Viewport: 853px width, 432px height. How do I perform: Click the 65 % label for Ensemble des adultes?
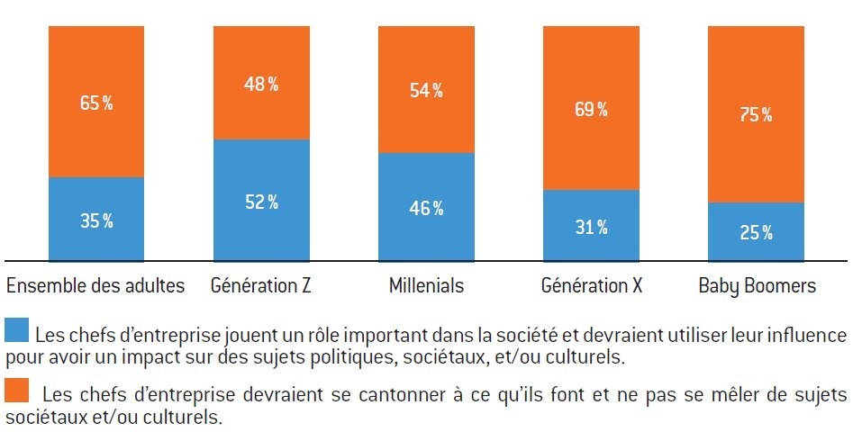pyautogui.click(x=95, y=103)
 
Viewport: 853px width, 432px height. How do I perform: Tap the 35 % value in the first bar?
pyautogui.click(x=95, y=220)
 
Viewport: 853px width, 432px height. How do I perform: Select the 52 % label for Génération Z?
pyautogui.click(x=260, y=202)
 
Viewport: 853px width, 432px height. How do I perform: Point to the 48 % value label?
pyautogui.click(x=260, y=85)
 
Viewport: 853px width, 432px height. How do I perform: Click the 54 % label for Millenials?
pyautogui.click(x=425, y=90)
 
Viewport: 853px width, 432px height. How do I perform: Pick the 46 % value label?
pyautogui.click(x=425, y=208)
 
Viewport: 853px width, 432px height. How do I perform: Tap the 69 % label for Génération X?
pyautogui.click(x=590, y=110)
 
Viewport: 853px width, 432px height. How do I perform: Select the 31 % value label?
pyautogui.click(x=590, y=227)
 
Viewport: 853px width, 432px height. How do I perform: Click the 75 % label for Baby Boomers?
pyautogui.click(x=755, y=115)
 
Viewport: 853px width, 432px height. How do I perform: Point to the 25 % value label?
pyautogui.click(x=755, y=233)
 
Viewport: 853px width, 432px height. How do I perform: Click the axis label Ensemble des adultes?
pyautogui.click(x=95, y=286)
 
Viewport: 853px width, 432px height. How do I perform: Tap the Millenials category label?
pyautogui.click(x=426, y=286)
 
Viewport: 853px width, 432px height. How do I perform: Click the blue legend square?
pyautogui.click(x=17, y=330)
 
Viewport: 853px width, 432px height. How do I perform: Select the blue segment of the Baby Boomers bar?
pyautogui.click(x=755, y=232)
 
